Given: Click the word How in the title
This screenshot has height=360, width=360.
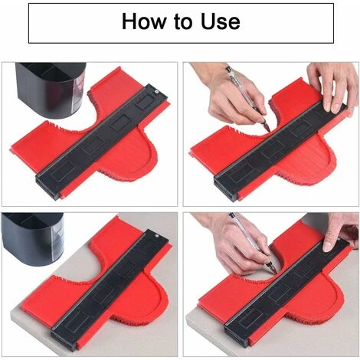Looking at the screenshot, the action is (144, 21).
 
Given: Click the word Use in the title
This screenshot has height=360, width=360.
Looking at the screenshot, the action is (221, 21).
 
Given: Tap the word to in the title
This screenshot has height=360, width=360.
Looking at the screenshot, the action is (183, 21).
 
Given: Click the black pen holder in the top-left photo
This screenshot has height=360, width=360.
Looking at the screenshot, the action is (51, 90).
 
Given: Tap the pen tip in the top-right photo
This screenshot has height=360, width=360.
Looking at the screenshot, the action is (270, 130).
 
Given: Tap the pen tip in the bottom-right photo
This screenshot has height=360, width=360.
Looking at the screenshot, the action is (276, 272).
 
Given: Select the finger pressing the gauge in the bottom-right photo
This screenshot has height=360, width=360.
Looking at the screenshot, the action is (329, 239).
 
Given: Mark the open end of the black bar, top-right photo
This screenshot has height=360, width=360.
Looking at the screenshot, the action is (225, 190).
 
